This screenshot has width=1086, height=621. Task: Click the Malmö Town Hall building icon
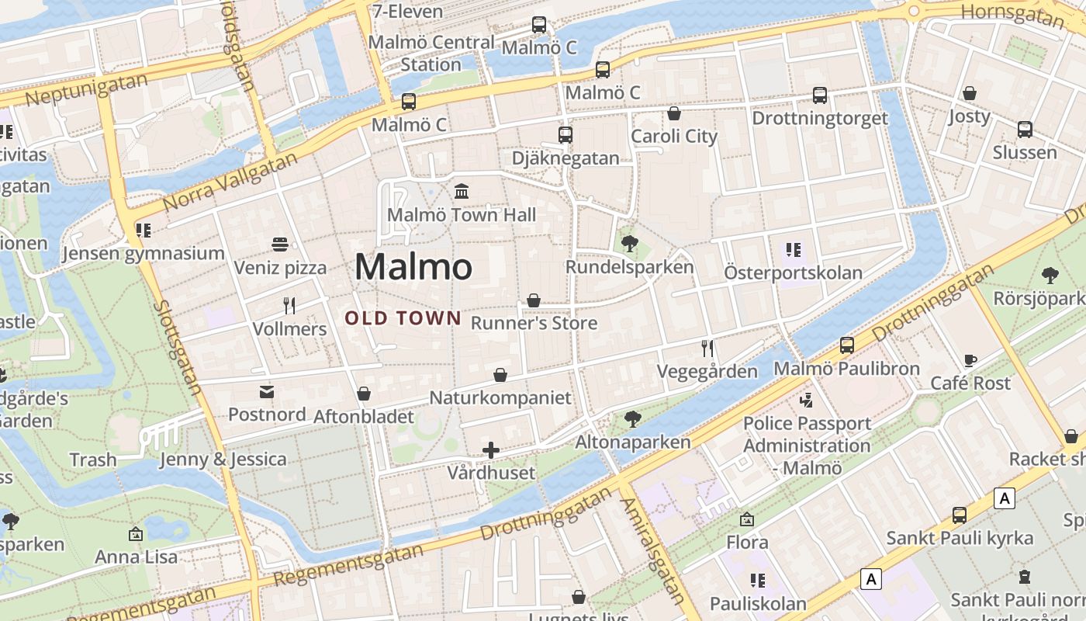coord(462,191)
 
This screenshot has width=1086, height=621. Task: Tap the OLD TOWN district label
coord(403,318)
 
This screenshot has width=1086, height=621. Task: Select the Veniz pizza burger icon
coord(280,245)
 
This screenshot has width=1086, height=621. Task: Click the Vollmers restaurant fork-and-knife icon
coord(289,305)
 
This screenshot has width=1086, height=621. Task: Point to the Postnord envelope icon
coord(267,391)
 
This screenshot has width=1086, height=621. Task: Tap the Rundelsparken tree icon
coord(629,244)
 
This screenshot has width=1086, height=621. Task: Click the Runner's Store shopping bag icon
coord(534,300)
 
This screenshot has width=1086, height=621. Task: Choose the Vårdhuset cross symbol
coord(490,449)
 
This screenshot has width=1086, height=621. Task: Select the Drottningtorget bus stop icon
coord(820,95)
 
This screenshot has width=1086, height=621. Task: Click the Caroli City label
coord(674,137)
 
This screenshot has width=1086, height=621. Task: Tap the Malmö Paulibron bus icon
coord(847,345)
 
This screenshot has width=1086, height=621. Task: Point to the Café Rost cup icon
coord(970,360)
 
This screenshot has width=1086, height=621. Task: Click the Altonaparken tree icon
coord(632,419)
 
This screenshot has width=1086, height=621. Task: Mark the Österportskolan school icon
coord(793,250)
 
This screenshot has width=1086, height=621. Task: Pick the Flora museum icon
coord(746,519)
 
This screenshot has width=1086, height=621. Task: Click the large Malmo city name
coord(413,267)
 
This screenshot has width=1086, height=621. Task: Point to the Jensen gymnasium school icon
coord(143,230)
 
